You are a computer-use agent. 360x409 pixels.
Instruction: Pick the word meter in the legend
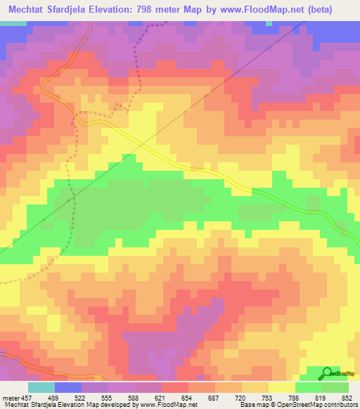coord(12,397)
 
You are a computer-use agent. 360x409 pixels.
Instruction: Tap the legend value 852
coord(345,397)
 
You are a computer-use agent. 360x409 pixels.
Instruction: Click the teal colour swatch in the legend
coord(41,387)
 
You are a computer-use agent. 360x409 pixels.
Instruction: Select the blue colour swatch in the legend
coord(68,387)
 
